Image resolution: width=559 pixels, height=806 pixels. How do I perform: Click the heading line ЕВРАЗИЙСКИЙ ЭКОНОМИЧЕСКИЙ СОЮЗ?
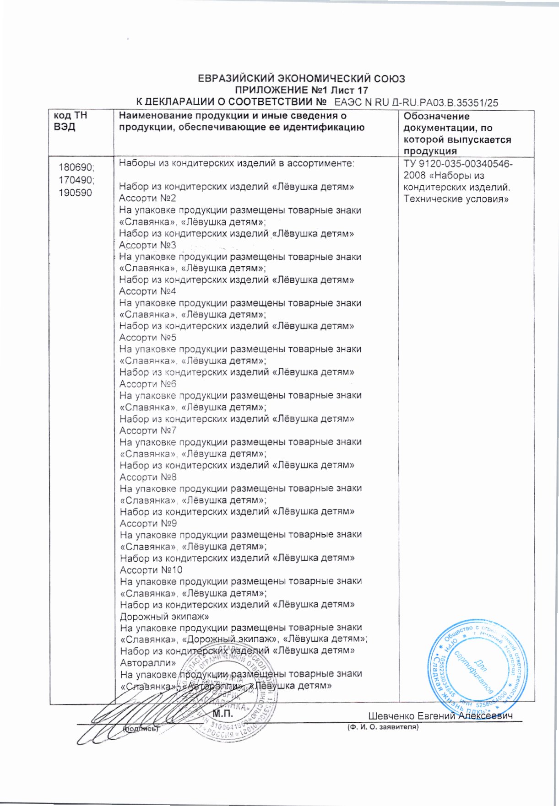click(x=301, y=79)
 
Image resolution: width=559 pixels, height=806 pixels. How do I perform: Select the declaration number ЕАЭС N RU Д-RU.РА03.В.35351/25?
click(x=416, y=102)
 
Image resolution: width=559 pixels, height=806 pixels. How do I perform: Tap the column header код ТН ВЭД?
click(x=71, y=121)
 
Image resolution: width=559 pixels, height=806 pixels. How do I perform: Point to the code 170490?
click(x=75, y=180)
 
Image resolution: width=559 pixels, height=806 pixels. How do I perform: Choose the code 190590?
click(x=75, y=193)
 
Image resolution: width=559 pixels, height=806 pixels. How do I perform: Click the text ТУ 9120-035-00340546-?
click(x=458, y=164)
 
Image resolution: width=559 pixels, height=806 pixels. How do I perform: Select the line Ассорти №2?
click(x=147, y=199)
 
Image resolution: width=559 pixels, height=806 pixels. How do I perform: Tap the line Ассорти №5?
click(x=147, y=338)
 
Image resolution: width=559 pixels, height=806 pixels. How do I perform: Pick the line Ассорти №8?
click(x=148, y=477)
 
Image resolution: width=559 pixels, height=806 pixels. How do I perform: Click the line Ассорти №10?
click(x=151, y=570)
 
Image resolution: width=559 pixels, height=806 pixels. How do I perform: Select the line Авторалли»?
click(x=147, y=663)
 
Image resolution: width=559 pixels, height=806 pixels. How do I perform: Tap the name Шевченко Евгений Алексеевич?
click(x=440, y=716)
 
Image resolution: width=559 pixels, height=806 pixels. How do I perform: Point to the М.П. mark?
click(x=223, y=714)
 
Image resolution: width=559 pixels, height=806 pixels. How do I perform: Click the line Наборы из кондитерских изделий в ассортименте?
click(x=236, y=163)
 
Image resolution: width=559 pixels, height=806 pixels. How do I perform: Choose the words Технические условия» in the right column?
click(x=456, y=199)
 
